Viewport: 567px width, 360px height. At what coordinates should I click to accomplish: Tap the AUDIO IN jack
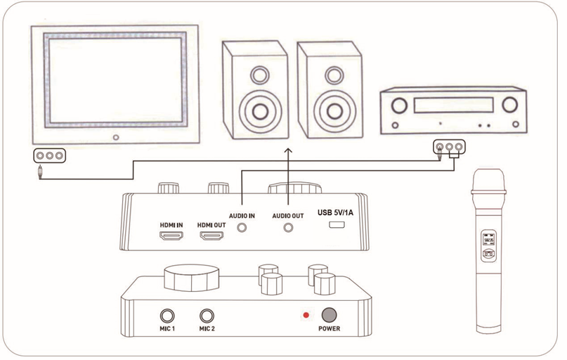coord(242,227)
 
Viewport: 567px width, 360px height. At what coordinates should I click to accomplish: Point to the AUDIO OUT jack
coord(287,227)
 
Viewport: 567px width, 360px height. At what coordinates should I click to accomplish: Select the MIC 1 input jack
coord(167,316)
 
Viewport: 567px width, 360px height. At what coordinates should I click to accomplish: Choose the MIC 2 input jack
coord(207,316)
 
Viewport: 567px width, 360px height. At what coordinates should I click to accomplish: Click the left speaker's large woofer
coord(256,111)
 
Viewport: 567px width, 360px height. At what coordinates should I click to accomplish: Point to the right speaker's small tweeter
coord(331,72)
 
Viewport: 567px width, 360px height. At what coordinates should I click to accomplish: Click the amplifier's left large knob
coord(400,106)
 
